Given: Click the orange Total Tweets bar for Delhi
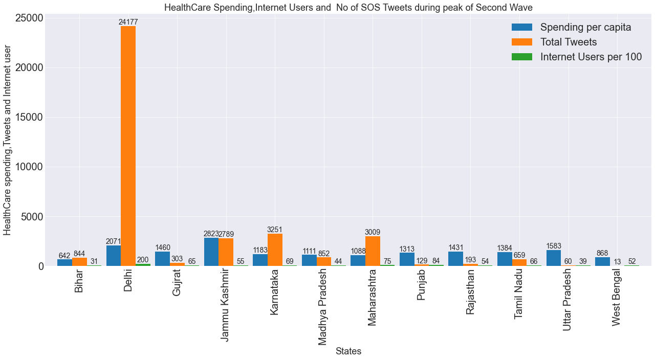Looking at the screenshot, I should (x=128, y=146).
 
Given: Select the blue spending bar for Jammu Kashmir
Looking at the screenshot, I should (x=211, y=252).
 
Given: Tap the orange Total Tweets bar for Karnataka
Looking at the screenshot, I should (x=275, y=250).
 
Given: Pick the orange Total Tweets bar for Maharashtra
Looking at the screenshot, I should (x=373, y=251).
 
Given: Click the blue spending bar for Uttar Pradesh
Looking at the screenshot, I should (x=554, y=258).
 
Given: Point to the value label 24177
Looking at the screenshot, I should (x=128, y=22).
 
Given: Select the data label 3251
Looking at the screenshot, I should (x=275, y=230).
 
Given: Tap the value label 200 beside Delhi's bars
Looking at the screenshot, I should (x=143, y=260).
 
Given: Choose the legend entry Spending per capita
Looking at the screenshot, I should (x=585, y=28).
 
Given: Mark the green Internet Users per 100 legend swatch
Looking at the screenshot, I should (x=522, y=57).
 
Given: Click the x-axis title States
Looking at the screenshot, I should (x=348, y=351).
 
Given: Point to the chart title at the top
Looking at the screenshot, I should (x=348, y=7).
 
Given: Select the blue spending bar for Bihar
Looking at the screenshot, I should (x=64, y=262).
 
